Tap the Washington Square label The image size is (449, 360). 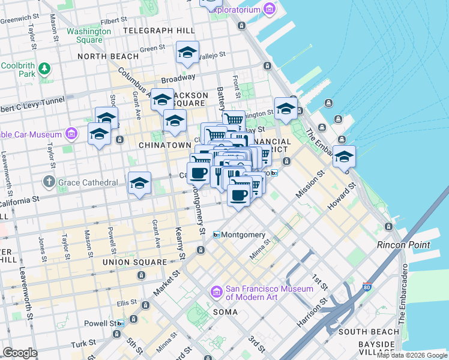pos(89,35)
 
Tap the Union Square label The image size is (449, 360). pos(135,262)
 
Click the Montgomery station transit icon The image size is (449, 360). pos(217,235)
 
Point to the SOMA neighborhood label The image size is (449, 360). pos(226,312)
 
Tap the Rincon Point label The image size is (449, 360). pos(403,245)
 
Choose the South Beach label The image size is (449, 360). pos(369,331)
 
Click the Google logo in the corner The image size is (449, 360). pos(20,353)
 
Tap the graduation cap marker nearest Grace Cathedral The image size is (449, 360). pos(139,183)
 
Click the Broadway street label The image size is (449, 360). pos(177,78)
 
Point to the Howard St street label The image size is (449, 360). pos(342,196)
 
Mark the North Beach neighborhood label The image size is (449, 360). pos(108,56)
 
